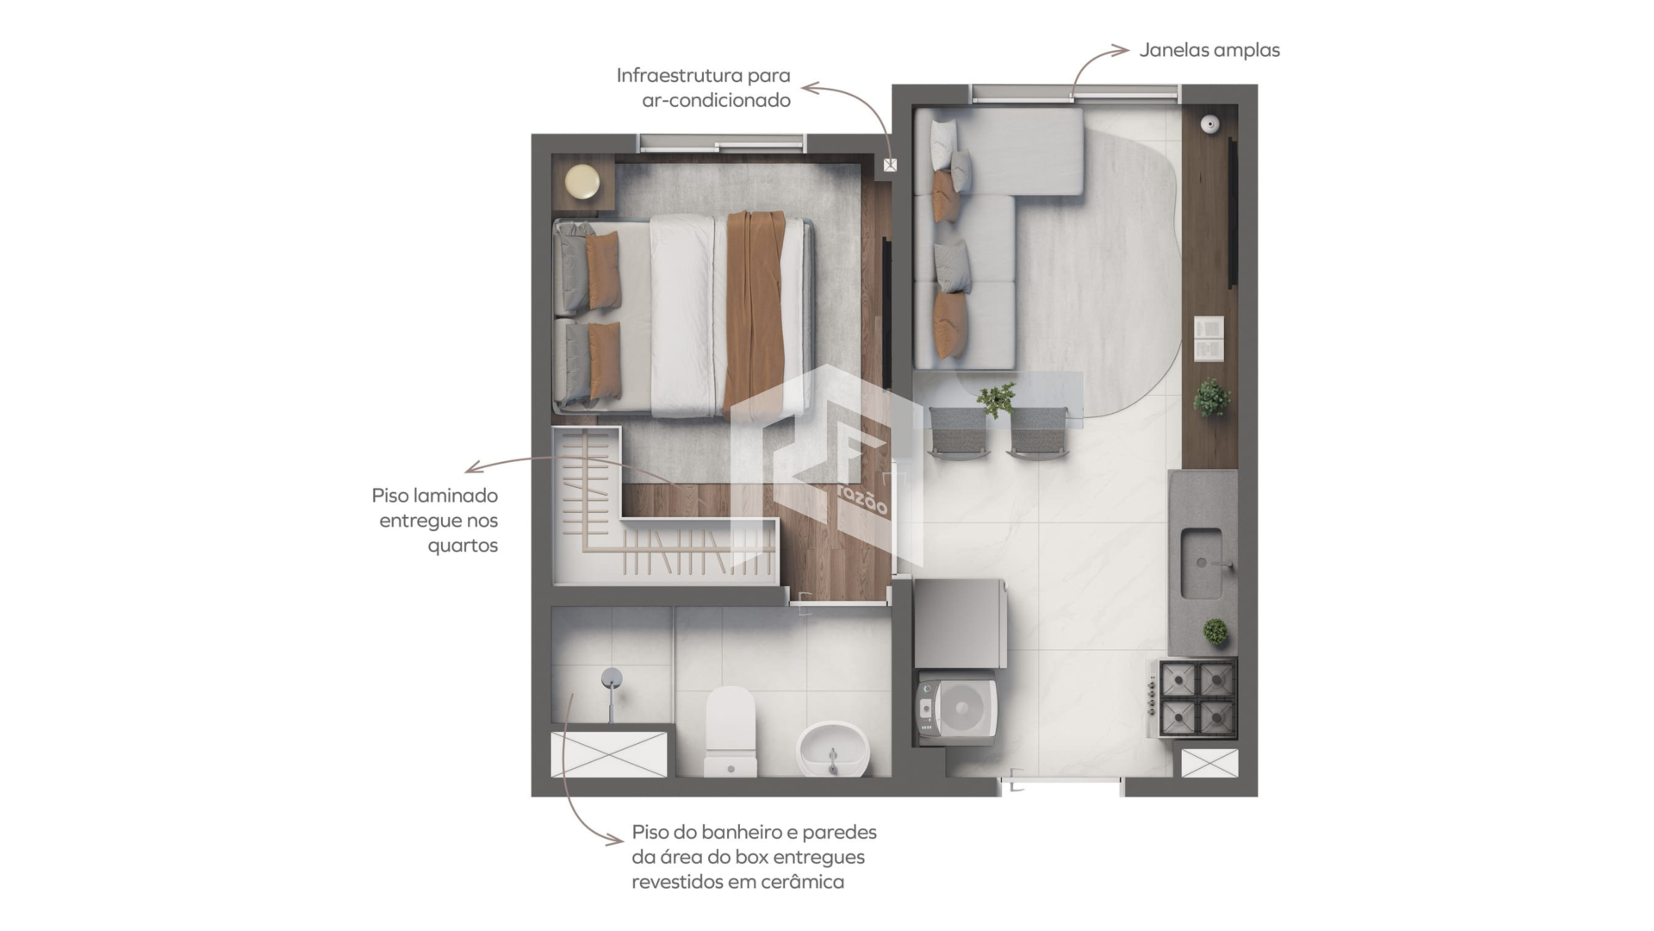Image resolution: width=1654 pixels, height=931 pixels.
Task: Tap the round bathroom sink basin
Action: [834, 748]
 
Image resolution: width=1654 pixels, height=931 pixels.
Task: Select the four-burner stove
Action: [1198, 697]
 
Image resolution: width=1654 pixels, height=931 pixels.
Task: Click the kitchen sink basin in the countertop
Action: [1202, 564]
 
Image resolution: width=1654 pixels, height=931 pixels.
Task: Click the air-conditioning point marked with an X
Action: [890, 165]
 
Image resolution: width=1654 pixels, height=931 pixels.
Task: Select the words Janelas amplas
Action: [1209, 50]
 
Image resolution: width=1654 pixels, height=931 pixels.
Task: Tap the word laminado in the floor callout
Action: [455, 496]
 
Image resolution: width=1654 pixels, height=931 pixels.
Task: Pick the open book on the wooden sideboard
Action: [1209, 339]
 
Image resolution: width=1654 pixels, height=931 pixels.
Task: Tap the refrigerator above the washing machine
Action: [960, 624]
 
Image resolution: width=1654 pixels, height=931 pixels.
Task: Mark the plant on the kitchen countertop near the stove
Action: [1216, 632]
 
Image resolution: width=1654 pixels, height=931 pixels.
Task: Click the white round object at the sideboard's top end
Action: [1211, 125]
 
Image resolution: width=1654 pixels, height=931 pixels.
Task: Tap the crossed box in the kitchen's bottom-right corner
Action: [1209, 763]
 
